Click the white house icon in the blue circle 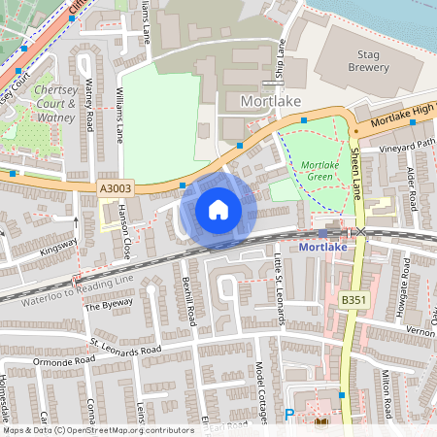(x=218, y=209)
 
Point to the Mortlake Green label (x=320, y=172)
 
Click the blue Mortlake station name (x=322, y=247)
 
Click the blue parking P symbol (x=288, y=414)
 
